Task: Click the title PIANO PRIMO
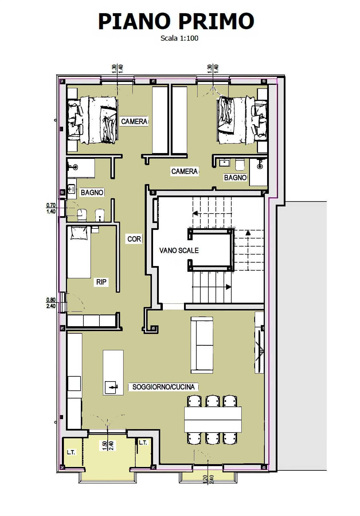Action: tap(176, 21)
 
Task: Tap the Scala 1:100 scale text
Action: tap(179, 38)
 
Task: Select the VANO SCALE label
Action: tap(179, 251)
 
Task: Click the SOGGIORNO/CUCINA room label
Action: tap(163, 387)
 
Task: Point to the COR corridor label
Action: tap(134, 239)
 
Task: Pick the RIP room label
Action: tap(101, 282)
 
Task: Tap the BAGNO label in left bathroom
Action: tap(92, 193)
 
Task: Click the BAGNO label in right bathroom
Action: tap(235, 178)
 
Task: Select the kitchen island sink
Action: tap(111, 388)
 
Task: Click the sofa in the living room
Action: tap(202, 345)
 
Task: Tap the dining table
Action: tap(213, 420)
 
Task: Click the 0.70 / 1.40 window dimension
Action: tap(51, 208)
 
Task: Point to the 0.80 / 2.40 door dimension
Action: tap(51, 303)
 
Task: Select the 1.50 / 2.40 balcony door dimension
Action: tap(108, 445)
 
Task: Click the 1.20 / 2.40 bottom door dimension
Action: tap(208, 479)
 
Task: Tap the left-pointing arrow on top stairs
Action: tap(195, 213)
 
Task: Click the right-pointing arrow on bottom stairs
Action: tap(228, 287)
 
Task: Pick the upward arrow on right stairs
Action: tap(248, 233)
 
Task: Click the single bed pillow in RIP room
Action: tap(79, 233)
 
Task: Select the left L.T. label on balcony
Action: tap(71, 452)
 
